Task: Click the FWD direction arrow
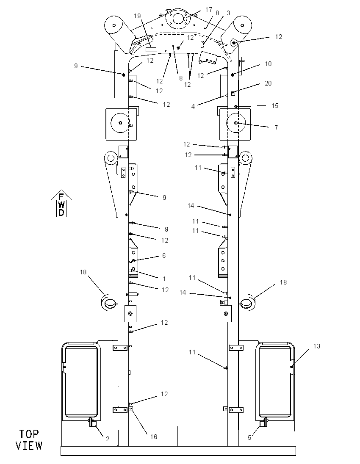tap(61, 203)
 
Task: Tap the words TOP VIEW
tap(29, 440)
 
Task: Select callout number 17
tap(209, 10)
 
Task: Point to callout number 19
tap(137, 16)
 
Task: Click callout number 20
tap(268, 83)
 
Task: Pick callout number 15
tap(275, 106)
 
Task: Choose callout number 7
tap(276, 128)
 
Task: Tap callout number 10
tap(268, 64)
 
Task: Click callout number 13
tap(317, 346)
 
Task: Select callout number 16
tap(154, 437)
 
